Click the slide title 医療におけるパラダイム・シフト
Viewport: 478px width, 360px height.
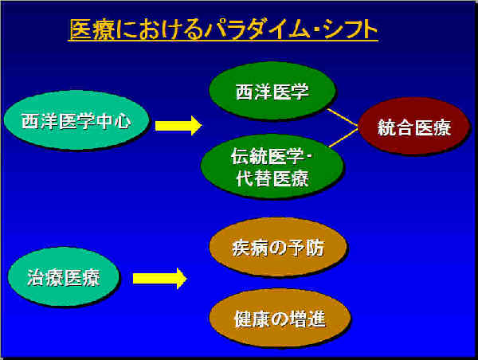pos(224,29)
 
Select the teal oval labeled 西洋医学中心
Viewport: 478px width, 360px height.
pos(76,120)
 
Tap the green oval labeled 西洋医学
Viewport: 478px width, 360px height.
pos(272,91)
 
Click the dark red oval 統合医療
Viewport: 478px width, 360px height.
pos(413,126)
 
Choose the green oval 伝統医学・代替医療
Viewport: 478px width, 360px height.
pos(272,166)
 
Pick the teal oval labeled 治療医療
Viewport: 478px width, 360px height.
pos(64,276)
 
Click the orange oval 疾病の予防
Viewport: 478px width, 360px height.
pos(278,247)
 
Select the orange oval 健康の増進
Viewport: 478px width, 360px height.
pos(280,318)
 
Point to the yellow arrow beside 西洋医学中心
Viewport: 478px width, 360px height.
pos(178,125)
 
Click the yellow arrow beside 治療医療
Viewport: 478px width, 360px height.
pos(159,278)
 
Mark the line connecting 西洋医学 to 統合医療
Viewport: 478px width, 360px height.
pos(343,117)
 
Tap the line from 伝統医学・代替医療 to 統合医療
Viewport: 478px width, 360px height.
pos(343,138)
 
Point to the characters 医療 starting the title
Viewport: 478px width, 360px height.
pos(92,29)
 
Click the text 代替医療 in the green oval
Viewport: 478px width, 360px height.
pos(272,178)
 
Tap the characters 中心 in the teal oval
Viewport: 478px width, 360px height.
pos(114,121)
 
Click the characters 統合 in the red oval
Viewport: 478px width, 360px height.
pos(395,127)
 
